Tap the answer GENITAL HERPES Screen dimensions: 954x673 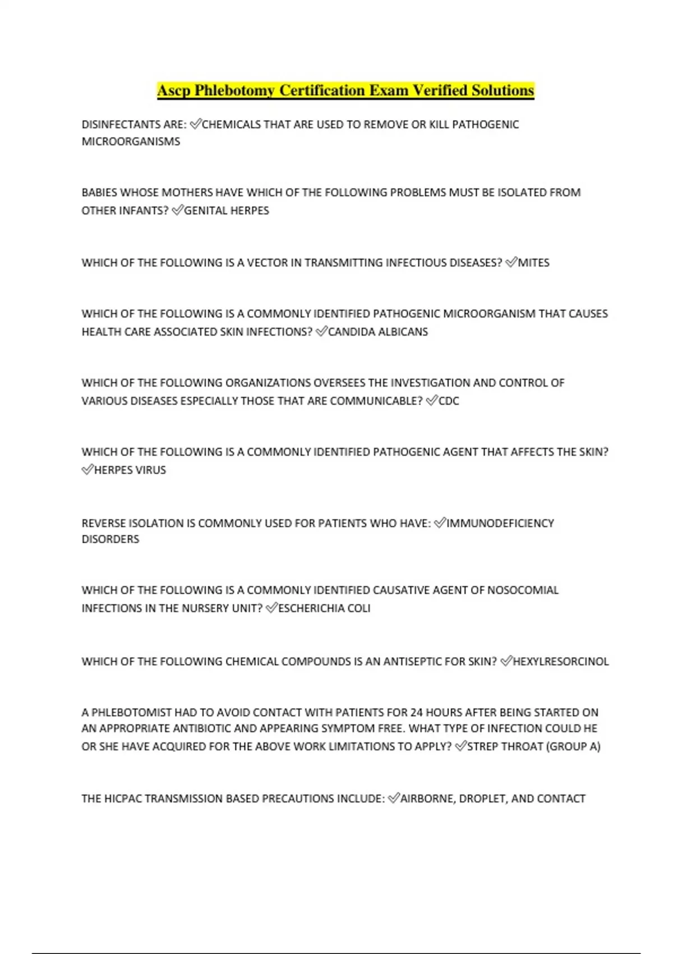point(227,210)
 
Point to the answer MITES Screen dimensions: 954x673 point(533,263)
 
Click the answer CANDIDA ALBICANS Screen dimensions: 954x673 point(378,332)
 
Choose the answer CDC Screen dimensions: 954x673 point(449,401)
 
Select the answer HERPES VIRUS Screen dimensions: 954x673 point(130,470)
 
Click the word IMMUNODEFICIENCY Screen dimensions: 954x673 point(500,523)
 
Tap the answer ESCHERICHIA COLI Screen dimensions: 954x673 point(324,608)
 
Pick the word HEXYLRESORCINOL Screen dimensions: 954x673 point(561,662)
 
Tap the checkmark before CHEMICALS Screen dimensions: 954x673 point(195,124)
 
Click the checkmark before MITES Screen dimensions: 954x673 point(511,262)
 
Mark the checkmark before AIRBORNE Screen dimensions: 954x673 point(394,798)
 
